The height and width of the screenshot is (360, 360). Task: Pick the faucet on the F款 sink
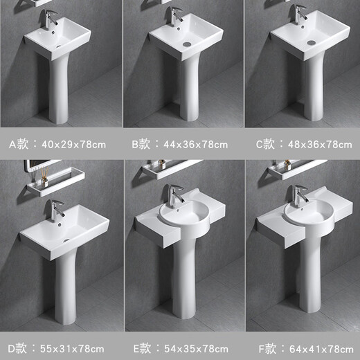[299, 196]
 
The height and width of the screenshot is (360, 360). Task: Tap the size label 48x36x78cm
[318, 145]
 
